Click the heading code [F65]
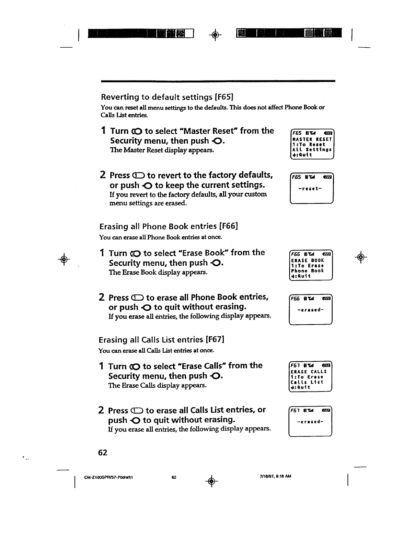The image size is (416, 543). (x=224, y=97)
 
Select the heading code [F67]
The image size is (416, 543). (x=215, y=340)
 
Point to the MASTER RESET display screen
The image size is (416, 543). (x=312, y=144)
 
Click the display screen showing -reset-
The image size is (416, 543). (x=312, y=189)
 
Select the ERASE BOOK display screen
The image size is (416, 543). (x=311, y=266)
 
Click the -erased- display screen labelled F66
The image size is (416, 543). (x=311, y=310)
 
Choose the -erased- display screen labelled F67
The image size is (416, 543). (x=310, y=422)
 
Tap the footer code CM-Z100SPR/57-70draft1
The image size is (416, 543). (x=99, y=477)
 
